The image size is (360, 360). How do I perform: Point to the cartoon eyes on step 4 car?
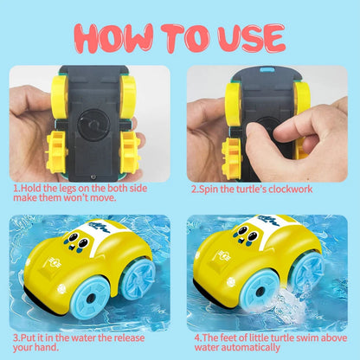(247, 235)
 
